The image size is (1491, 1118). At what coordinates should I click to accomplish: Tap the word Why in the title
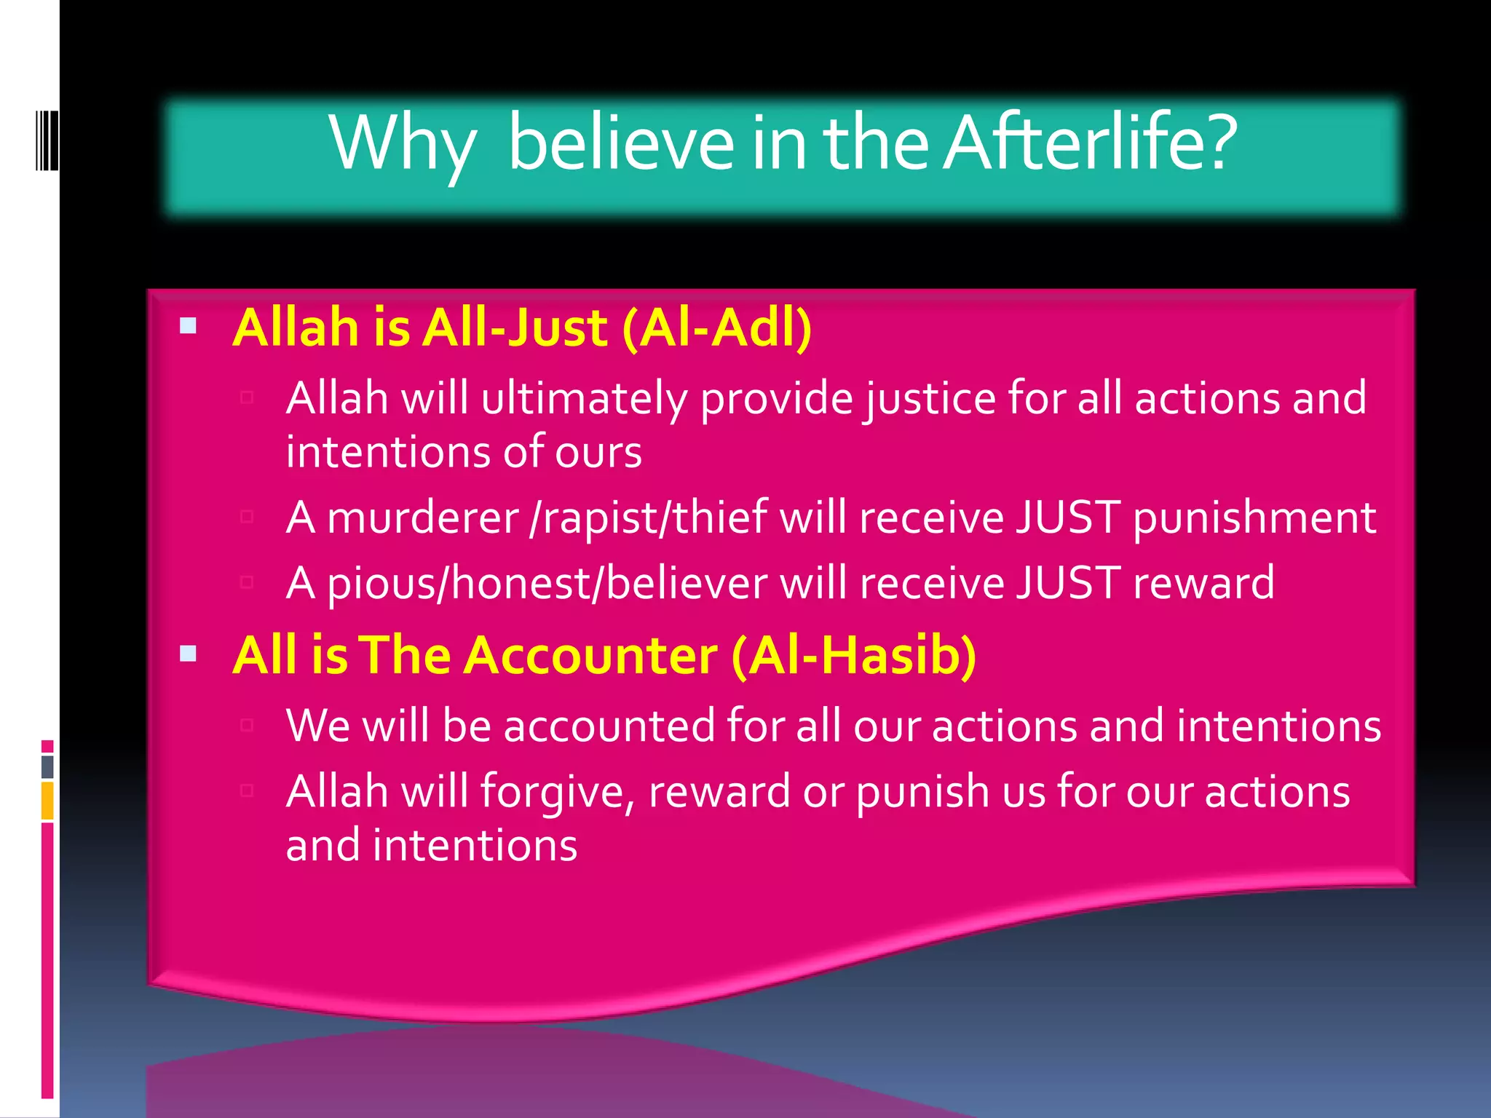click(403, 143)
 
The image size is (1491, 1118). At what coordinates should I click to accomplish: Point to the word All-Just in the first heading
click(515, 328)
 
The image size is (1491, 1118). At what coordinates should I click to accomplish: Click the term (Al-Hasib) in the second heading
click(854, 655)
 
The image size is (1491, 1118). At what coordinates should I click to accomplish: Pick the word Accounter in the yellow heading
click(591, 655)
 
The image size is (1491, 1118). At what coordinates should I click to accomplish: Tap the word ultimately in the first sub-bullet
click(584, 399)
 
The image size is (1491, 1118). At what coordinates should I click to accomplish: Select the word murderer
click(423, 518)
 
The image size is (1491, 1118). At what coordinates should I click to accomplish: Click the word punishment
click(1254, 518)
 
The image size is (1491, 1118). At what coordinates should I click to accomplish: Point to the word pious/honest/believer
click(547, 583)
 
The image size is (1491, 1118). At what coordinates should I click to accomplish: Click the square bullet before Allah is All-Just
click(188, 325)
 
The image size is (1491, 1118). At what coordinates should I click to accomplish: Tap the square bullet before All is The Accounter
click(188, 653)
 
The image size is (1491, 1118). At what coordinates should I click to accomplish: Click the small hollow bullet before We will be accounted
click(247, 724)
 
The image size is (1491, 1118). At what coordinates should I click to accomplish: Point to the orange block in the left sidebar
click(47, 801)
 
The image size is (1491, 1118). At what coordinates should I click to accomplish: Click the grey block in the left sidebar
click(47, 766)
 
